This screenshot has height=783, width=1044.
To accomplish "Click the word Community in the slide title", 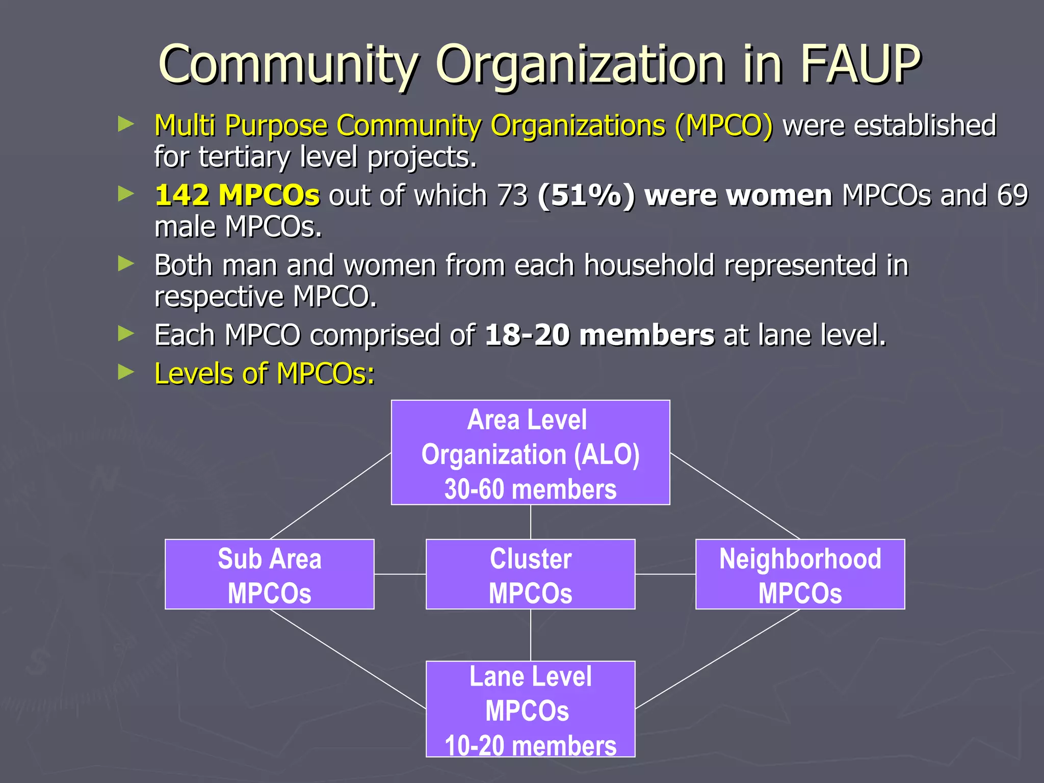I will point(289,65).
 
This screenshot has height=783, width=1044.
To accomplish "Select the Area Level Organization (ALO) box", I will point(530,452).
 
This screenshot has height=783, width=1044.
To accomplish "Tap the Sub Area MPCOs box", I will point(269,574).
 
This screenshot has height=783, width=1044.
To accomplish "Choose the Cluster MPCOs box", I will point(530,574).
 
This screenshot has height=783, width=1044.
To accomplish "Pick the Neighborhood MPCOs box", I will point(800,574).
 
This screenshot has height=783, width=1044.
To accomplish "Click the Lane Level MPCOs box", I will point(530,709).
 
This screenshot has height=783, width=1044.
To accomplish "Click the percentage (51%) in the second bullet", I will point(586,195).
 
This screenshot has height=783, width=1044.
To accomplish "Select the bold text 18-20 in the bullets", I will point(527,335).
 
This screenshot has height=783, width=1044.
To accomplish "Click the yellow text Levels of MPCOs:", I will point(264,374).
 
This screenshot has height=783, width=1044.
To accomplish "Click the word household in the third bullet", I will point(649,266).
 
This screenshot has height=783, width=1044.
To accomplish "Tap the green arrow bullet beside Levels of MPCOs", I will point(126,372).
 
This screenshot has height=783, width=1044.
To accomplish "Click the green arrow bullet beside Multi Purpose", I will point(126,124).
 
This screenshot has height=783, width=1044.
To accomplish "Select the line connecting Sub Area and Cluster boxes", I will point(400,574).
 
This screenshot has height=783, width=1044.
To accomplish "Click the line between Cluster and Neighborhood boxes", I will point(665,574).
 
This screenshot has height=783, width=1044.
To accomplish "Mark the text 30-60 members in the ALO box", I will point(530,489).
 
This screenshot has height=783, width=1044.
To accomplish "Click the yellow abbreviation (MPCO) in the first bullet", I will point(724,125).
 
